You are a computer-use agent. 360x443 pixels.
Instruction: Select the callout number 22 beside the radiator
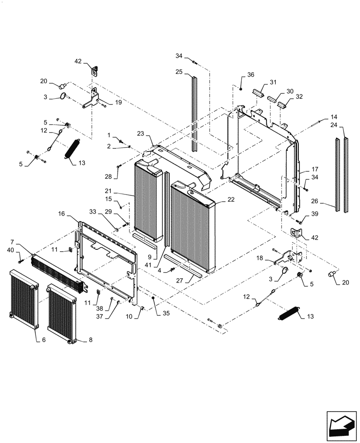tap(231, 199)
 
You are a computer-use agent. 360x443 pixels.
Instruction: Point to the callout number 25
tap(179, 71)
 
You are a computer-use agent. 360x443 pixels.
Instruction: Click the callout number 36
tap(251, 75)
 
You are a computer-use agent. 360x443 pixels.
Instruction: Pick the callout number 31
tap(273, 82)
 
